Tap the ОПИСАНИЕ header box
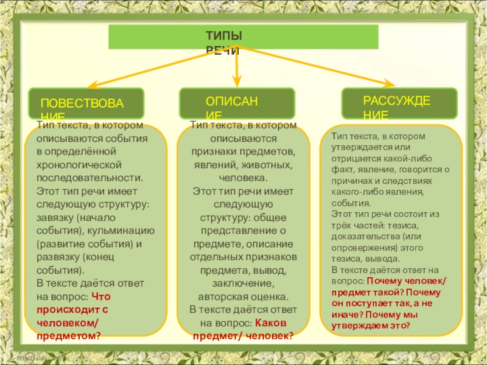pos(236,103)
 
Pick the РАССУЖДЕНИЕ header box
pos(399,103)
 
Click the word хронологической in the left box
pos(80,164)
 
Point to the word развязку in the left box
pos(58,257)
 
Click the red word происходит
pos(65,310)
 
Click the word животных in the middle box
pos(268,164)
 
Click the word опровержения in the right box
pos(360,248)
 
